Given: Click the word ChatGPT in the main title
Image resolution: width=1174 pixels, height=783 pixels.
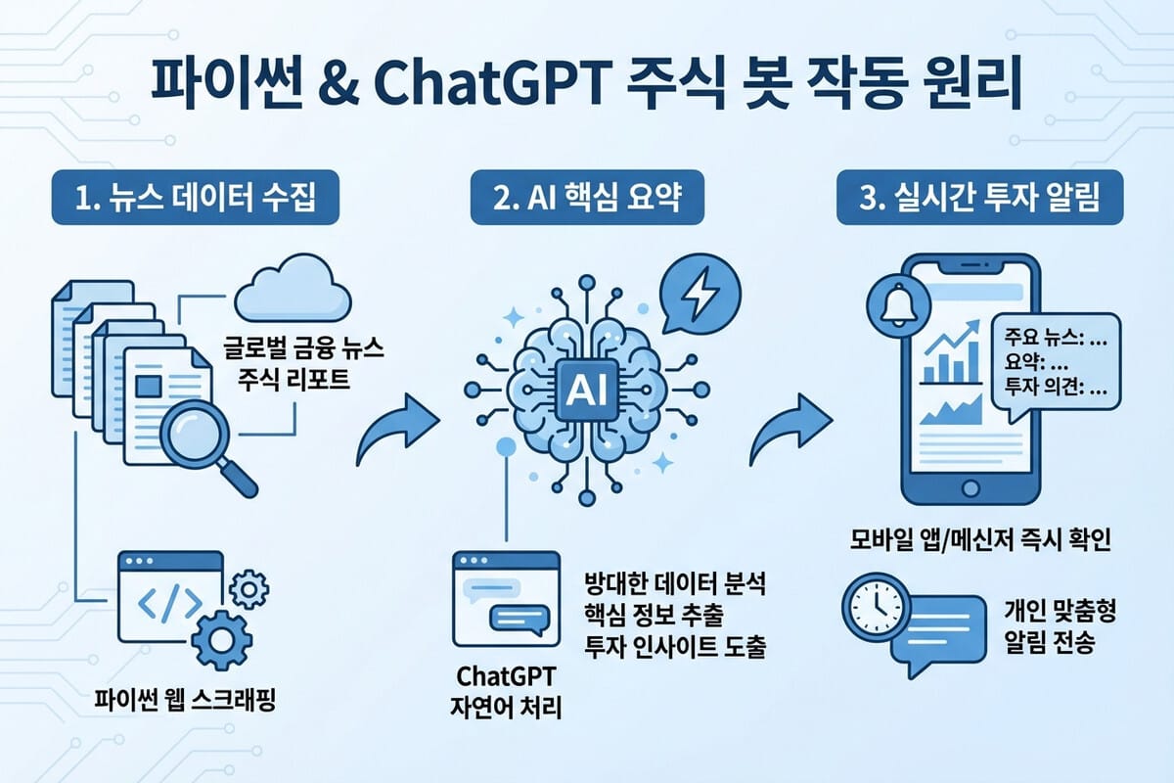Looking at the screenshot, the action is tap(490, 84).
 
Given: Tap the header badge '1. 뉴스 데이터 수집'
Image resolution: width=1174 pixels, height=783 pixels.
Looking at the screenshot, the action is tap(196, 197).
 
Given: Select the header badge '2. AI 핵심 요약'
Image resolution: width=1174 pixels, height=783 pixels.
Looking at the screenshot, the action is tap(587, 197).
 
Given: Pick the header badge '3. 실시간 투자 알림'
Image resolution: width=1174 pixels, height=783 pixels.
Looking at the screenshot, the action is tap(979, 197).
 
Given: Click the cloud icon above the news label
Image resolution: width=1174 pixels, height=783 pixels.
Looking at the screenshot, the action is tap(293, 289).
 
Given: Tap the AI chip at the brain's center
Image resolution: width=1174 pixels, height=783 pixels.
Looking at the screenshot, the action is tap(587, 390).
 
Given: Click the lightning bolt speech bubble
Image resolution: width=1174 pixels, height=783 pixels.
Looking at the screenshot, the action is tap(700, 294).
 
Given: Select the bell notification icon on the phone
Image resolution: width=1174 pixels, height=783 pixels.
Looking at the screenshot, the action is tap(898, 305).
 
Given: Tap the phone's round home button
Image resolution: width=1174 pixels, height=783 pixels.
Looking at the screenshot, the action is tap(971, 488).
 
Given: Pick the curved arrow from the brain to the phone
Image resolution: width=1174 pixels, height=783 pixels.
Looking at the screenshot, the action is tap(790, 429).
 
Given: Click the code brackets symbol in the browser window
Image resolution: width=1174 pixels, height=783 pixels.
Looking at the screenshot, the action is tap(169, 603).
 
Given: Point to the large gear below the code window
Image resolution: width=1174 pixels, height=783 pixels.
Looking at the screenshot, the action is tap(222, 640).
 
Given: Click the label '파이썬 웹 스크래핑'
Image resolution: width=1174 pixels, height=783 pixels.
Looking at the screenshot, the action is tap(185, 700).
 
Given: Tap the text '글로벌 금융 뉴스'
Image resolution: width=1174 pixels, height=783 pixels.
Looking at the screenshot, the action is tap(303, 347).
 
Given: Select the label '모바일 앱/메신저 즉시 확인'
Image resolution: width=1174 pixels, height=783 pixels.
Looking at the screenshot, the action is tap(980, 539).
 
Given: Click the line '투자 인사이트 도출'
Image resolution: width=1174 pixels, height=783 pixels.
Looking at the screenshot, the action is tap(675, 646).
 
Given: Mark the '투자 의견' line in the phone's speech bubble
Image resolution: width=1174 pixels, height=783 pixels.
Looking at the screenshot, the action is tap(1056, 387).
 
